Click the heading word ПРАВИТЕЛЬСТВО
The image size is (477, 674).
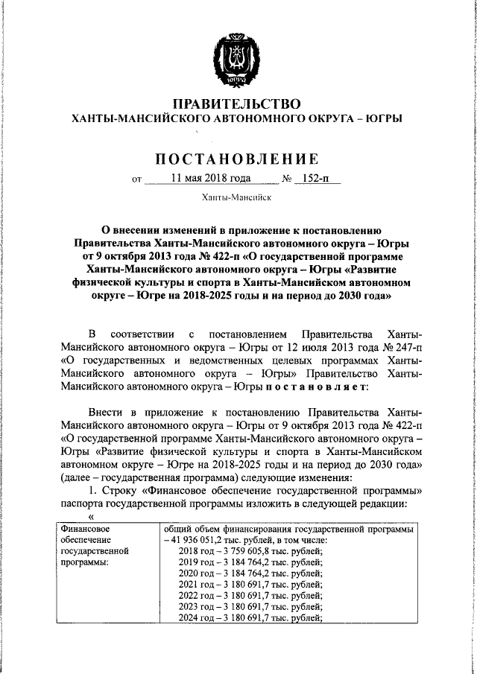[x=237, y=104]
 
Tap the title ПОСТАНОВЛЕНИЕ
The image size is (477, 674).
[x=238, y=158]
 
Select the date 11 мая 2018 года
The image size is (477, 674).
[x=210, y=179]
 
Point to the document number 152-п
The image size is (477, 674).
[x=315, y=179]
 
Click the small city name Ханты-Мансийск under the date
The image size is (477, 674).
[x=237, y=199]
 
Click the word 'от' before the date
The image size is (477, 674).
[x=135, y=179]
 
